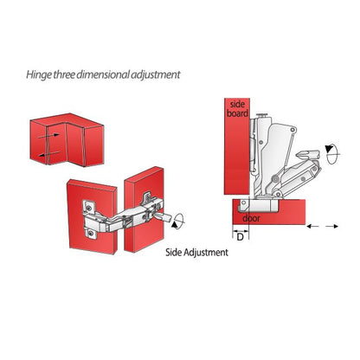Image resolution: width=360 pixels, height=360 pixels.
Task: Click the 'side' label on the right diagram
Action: tap(238, 103)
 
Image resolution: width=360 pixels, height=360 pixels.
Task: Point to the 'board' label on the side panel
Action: tap(239, 112)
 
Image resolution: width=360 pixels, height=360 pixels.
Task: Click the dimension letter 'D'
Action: tap(239, 235)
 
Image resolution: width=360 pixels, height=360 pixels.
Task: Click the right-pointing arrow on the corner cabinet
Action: tap(55, 135)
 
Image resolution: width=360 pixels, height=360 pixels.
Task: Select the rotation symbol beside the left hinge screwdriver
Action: tap(177, 222)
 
